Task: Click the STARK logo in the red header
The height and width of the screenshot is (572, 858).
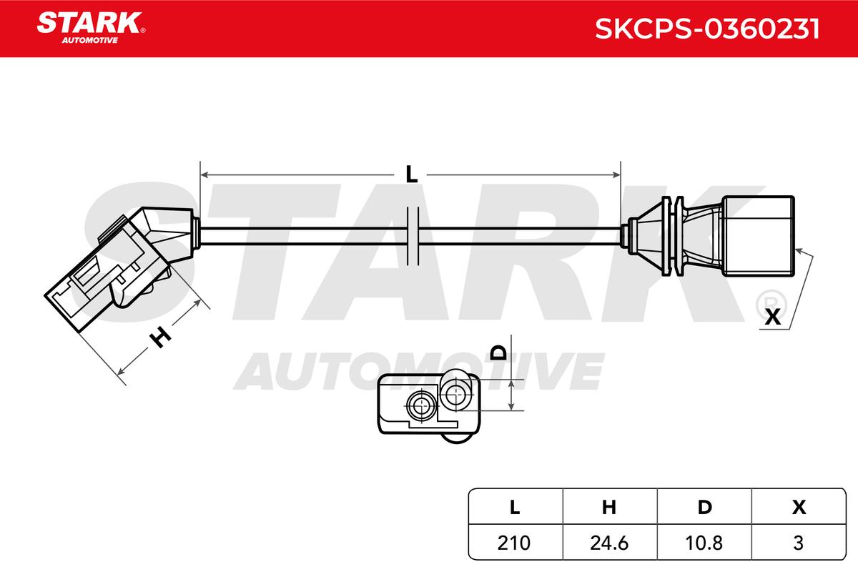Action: pos(91,28)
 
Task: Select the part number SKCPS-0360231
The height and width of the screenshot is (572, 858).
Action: pos(707,29)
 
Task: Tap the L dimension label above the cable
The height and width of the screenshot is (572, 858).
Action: pos(411,174)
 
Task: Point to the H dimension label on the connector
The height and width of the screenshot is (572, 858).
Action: pos(160,337)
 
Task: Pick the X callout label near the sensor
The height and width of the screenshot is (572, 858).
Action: pos(773,317)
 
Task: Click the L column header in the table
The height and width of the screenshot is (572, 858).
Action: pos(515,507)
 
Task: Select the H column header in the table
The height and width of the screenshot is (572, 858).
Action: pos(609,507)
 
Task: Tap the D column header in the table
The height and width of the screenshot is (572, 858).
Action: pos(704,507)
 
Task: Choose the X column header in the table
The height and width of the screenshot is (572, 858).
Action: pos(799,507)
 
